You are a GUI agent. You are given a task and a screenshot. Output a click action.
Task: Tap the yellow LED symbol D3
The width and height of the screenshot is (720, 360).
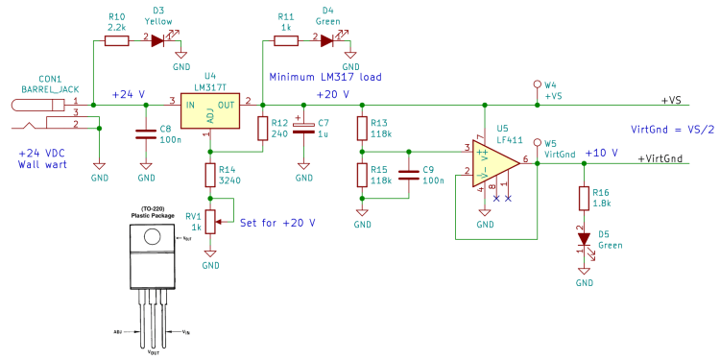tap(158, 40)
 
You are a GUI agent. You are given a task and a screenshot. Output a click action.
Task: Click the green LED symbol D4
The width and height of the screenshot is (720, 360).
tap(326, 40)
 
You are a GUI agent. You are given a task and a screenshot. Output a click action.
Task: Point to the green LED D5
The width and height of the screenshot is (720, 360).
tap(583, 238)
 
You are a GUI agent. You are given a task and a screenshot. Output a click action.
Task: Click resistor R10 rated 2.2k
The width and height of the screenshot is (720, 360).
tap(116, 40)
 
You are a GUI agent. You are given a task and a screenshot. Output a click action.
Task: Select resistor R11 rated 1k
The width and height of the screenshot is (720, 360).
tap(285, 40)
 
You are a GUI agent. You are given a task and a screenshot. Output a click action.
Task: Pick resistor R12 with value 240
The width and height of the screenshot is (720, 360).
tap(262, 129)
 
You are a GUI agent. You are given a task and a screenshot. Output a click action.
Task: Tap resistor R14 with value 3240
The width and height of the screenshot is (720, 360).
tap(211, 175)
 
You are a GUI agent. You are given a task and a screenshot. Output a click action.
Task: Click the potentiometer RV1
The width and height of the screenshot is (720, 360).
tap(211, 222)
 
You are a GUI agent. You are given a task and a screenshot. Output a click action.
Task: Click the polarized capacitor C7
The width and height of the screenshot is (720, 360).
tap(303, 129)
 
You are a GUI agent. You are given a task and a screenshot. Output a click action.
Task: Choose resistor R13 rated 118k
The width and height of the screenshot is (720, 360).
tap(362, 129)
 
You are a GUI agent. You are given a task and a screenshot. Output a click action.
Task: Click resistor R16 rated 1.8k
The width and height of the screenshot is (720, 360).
tap(583, 198)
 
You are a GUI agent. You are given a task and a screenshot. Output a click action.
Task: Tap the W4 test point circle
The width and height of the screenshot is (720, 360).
tap(537, 85)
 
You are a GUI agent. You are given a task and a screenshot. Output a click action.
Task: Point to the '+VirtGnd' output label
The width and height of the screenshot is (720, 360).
tap(661, 157)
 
